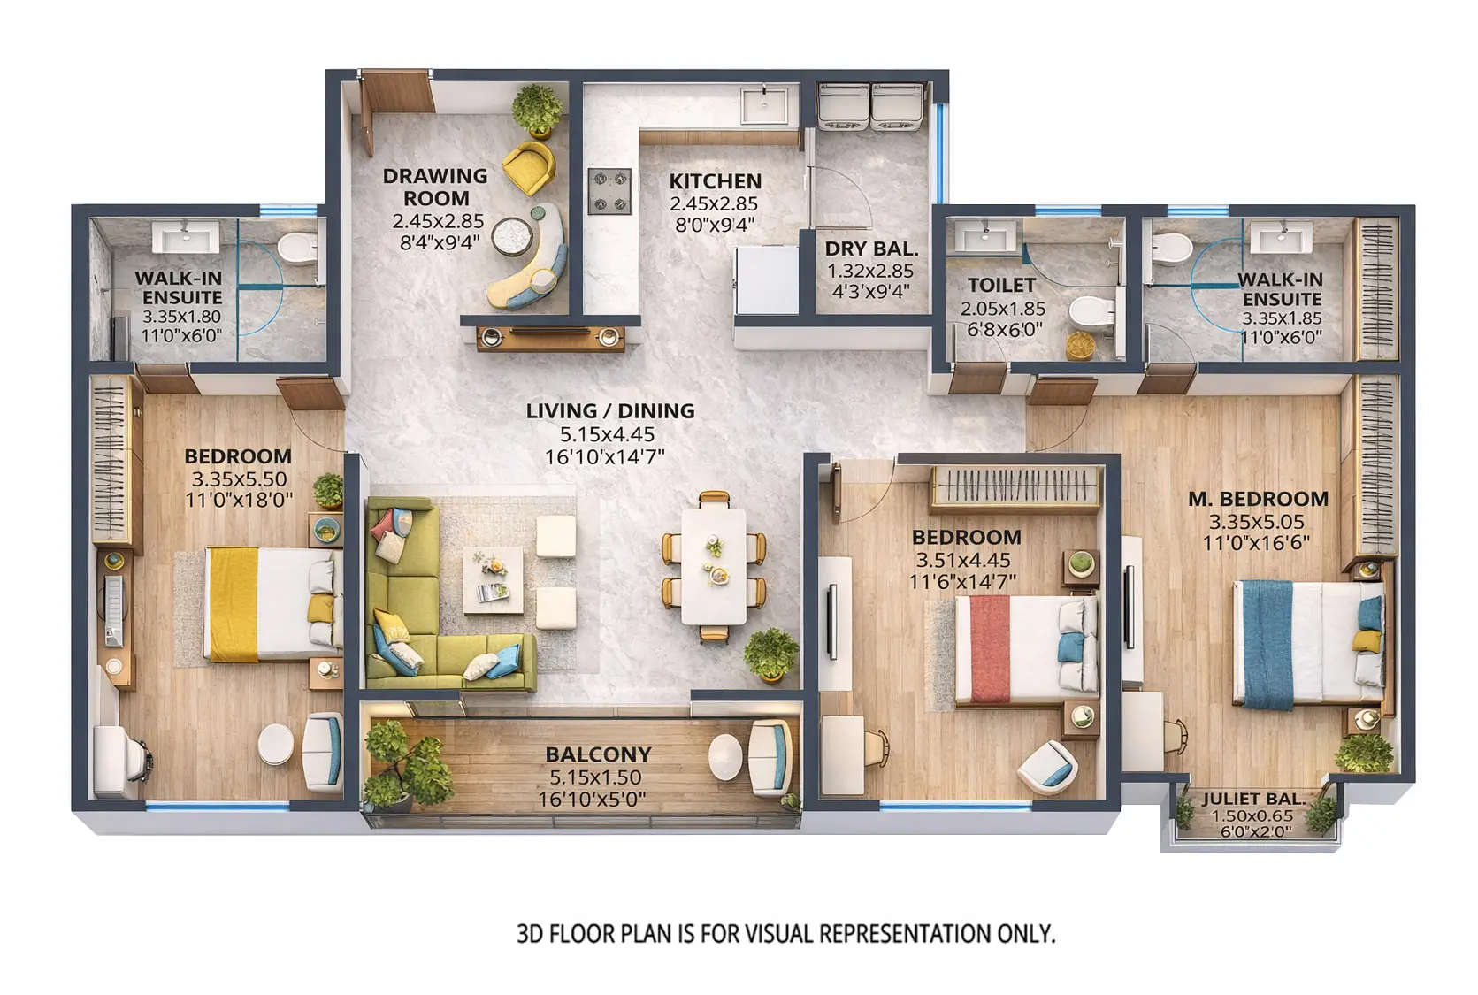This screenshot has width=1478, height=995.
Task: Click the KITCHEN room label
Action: (715, 180)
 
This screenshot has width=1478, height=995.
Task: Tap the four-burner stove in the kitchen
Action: (610, 191)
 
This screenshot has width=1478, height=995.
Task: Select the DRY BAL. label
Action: (871, 249)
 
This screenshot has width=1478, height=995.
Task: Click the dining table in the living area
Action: (714, 566)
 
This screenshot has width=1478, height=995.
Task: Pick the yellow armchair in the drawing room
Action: (528, 167)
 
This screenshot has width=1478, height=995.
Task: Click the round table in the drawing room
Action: (511, 234)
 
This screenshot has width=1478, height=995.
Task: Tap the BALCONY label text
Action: (598, 754)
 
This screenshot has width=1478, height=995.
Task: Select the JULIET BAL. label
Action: (1253, 799)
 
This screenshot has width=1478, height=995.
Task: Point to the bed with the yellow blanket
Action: (272, 604)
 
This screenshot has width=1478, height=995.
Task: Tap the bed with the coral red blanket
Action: (1026, 651)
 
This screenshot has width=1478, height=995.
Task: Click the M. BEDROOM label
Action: (1258, 499)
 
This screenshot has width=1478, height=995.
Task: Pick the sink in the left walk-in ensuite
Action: (184, 237)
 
